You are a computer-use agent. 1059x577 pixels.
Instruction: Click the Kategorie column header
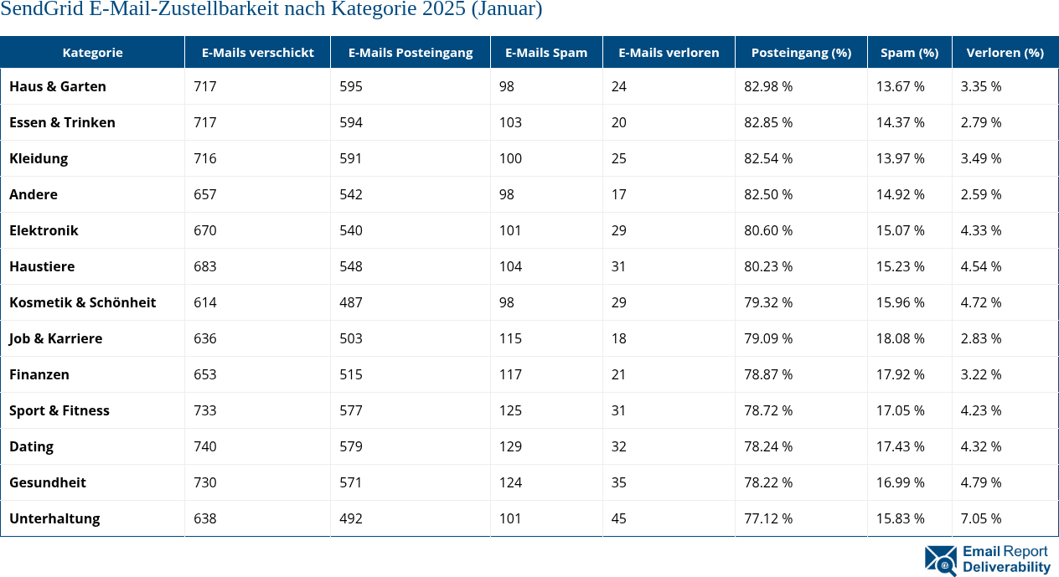[92, 52]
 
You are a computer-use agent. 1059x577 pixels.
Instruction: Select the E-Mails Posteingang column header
[411, 52]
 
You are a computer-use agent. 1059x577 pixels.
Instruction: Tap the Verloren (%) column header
[1005, 52]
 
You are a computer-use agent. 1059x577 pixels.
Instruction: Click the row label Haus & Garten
[58, 86]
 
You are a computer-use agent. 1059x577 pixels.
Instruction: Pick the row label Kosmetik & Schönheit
[82, 302]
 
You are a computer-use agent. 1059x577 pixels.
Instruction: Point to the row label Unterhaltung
[54, 518]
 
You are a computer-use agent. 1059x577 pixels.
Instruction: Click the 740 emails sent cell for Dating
[204, 446]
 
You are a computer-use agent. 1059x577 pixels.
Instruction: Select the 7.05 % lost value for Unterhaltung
[981, 518]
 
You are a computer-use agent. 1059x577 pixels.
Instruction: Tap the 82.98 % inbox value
[768, 86]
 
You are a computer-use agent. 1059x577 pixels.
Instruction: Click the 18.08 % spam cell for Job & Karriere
[901, 338]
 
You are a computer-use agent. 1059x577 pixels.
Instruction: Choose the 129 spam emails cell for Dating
[510, 446]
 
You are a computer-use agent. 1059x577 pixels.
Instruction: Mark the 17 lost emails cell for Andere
[618, 194]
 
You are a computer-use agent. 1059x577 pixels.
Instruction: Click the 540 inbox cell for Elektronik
[351, 230]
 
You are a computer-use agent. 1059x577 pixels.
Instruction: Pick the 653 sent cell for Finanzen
[204, 374]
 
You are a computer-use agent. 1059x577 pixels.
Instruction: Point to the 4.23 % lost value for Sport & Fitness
[981, 410]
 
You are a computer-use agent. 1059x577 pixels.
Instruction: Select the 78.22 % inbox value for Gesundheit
[768, 482]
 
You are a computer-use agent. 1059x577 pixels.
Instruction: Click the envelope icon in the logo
[940, 560]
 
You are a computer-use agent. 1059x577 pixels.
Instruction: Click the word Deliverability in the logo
[1006, 567]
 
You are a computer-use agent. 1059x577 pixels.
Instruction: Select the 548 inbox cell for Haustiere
[351, 266]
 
